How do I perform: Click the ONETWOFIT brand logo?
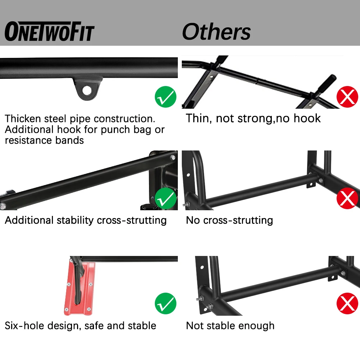point(49,32)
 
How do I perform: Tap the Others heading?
point(216,32)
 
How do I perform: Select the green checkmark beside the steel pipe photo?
point(166,97)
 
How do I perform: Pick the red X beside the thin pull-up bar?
point(347,97)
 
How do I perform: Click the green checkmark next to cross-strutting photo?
point(166,199)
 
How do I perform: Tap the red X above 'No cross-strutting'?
point(347,199)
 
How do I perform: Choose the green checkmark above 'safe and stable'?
point(166,304)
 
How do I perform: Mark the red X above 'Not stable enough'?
point(347,304)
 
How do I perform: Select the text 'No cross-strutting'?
point(229,220)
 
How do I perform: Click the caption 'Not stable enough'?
point(230,326)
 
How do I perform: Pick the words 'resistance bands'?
point(44,140)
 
